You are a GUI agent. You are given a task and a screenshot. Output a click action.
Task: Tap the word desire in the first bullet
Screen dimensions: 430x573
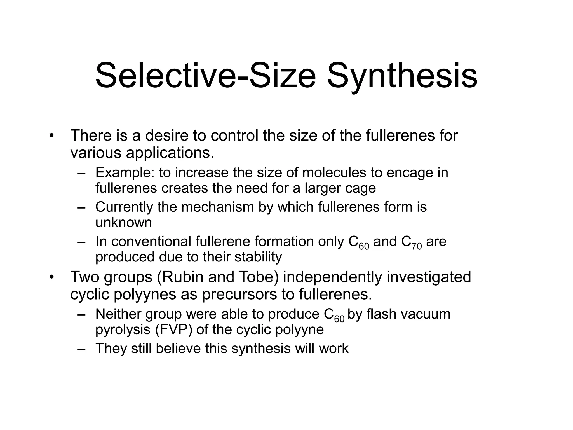pyautogui.click(x=167, y=135)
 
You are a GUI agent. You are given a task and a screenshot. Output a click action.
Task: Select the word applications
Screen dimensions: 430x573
pyautogui.click(x=170, y=153)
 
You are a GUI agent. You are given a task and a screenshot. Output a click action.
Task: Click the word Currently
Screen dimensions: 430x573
pyautogui.click(x=124, y=207)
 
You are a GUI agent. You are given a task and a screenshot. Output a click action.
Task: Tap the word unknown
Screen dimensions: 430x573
pyautogui.click(x=123, y=223)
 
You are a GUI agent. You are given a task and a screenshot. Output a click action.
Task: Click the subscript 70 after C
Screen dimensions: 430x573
pyautogui.click(x=417, y=247)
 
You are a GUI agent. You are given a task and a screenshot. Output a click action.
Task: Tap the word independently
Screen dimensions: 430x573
pyautogui.click(x=332, y=277)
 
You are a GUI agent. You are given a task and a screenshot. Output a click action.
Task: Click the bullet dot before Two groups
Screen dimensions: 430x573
pyautogui.click(x=51, y=277)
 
